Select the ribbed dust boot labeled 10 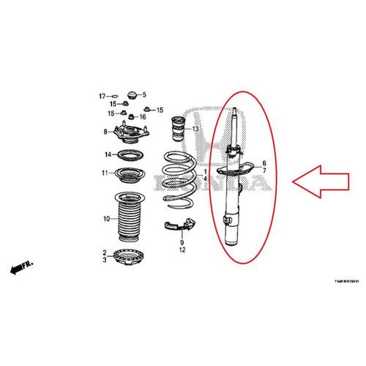(x=130, y=218)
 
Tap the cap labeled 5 (x=132, y=95)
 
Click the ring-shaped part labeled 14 (x=128, y=154)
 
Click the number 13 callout (x=195, y=130)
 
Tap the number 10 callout (x=105, y=218)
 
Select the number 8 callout (x=105, y=132)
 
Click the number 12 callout (x=182, y=250)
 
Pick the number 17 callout (x=102, y=96)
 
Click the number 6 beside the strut (x=265, y=163)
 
